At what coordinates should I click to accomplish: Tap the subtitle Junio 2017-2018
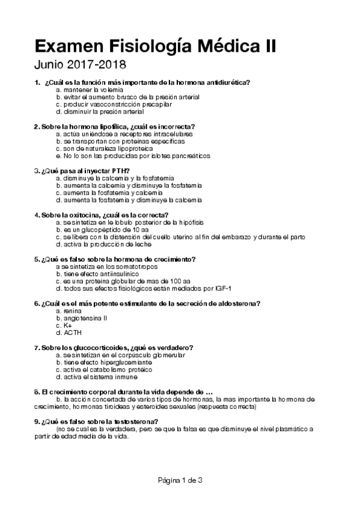click(x=80, y=64)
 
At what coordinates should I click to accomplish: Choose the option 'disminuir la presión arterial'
click(x=99, y=111)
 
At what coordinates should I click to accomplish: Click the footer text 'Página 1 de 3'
click(x=180, y=480)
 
